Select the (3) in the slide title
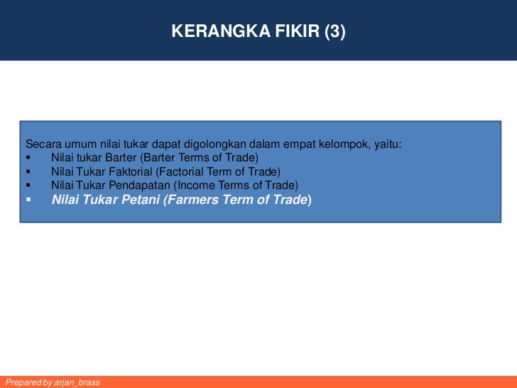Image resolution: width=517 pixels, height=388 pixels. [x=334, y=31]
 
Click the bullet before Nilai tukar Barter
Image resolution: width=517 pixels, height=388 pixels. [x=28, y=157]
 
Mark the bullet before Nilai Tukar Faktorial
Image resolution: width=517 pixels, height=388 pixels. [x=28, y=171]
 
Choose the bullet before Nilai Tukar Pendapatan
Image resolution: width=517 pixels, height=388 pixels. [x=28, y=185]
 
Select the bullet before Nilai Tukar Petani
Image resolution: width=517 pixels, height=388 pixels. [x=28, y=200]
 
